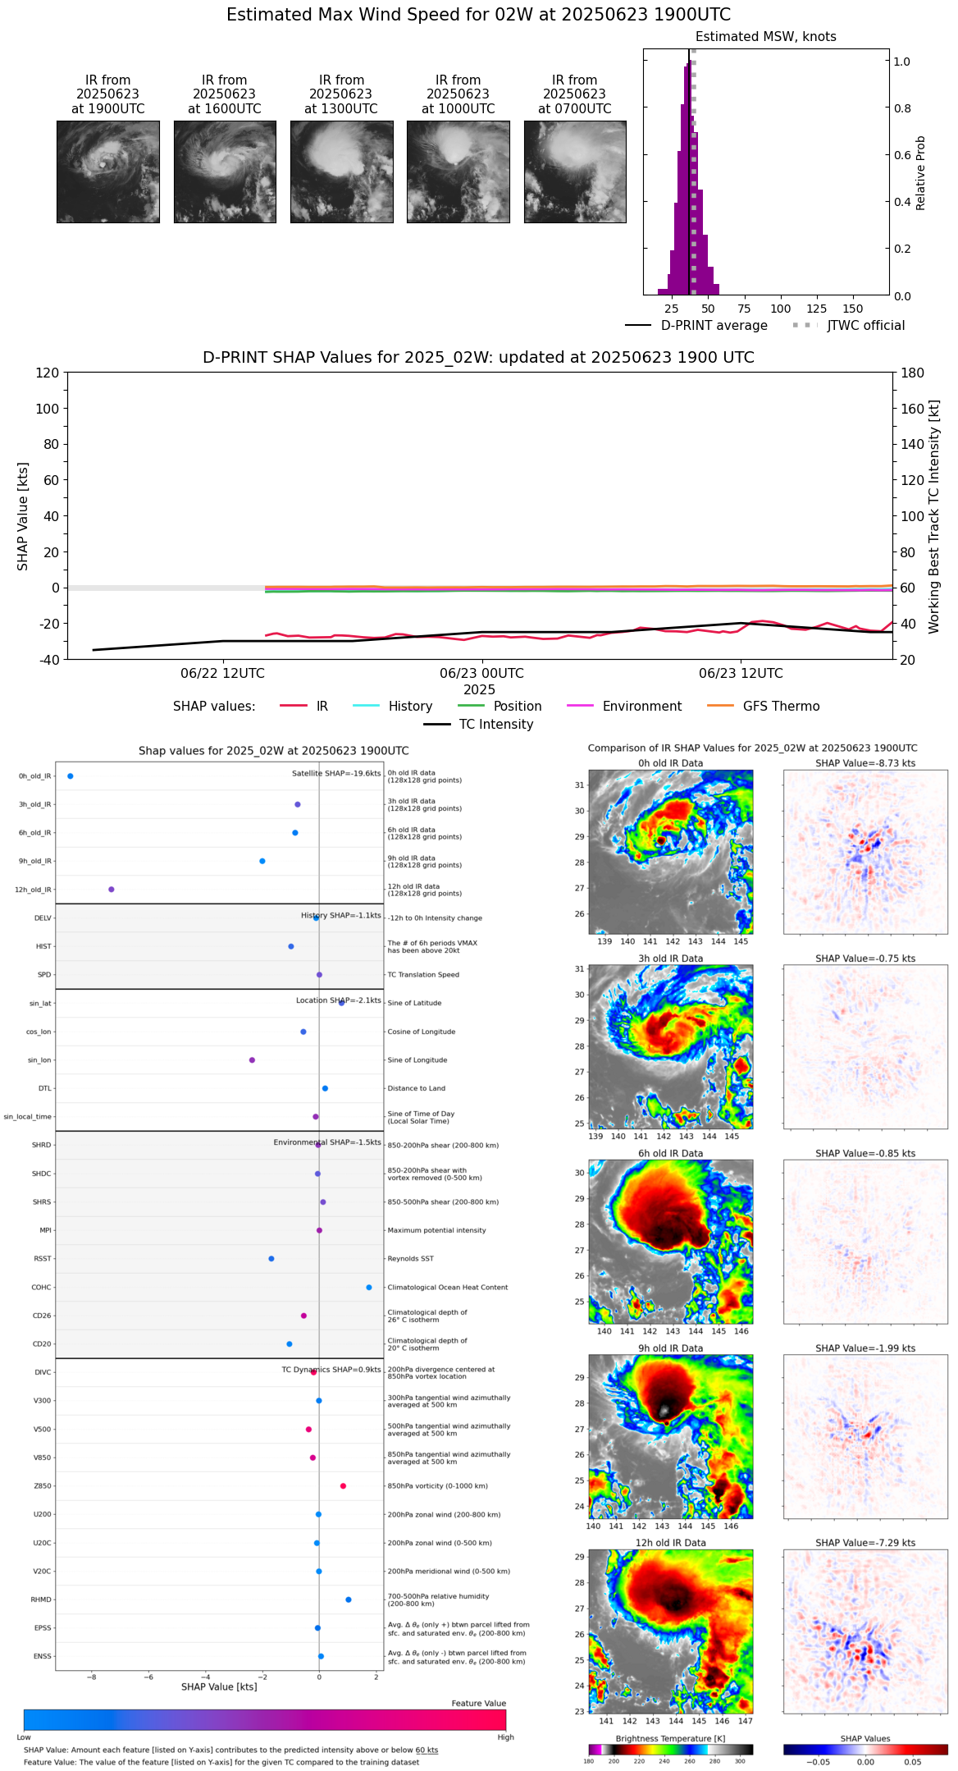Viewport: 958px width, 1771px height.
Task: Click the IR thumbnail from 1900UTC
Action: pos(107,172)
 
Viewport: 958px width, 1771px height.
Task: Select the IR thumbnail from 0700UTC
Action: pos(575,172)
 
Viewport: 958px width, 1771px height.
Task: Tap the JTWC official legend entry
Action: pos(865,326)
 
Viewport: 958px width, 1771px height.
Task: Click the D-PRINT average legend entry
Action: pos(714,326)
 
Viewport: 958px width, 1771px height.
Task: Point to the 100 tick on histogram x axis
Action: pos(780,309)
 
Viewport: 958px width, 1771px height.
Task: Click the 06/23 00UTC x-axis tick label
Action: pos(481,674)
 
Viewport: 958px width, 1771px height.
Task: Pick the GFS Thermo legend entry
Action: pos(781,707)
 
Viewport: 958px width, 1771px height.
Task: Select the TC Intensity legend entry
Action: pos(495,725)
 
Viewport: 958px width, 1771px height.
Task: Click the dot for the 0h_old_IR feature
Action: pos(71,776)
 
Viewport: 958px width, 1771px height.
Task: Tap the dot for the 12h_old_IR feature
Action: pos(112,890)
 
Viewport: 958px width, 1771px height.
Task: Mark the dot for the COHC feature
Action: pos(369,1288)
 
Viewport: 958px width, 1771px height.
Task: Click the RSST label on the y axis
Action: pos(43,1259)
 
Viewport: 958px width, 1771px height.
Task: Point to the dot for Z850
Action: pos(343,1486)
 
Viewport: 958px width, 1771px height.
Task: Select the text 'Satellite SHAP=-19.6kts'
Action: pos(336,774)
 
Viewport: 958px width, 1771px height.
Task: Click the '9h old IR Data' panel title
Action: pos(670,1348)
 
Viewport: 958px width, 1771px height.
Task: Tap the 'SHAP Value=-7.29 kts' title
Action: pos(865,1543)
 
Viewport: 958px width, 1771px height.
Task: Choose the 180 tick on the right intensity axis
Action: pos(913,373)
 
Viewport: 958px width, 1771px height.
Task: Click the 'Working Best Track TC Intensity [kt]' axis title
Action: pos(934,517)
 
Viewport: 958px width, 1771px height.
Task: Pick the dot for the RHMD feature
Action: pos(349,1599)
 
